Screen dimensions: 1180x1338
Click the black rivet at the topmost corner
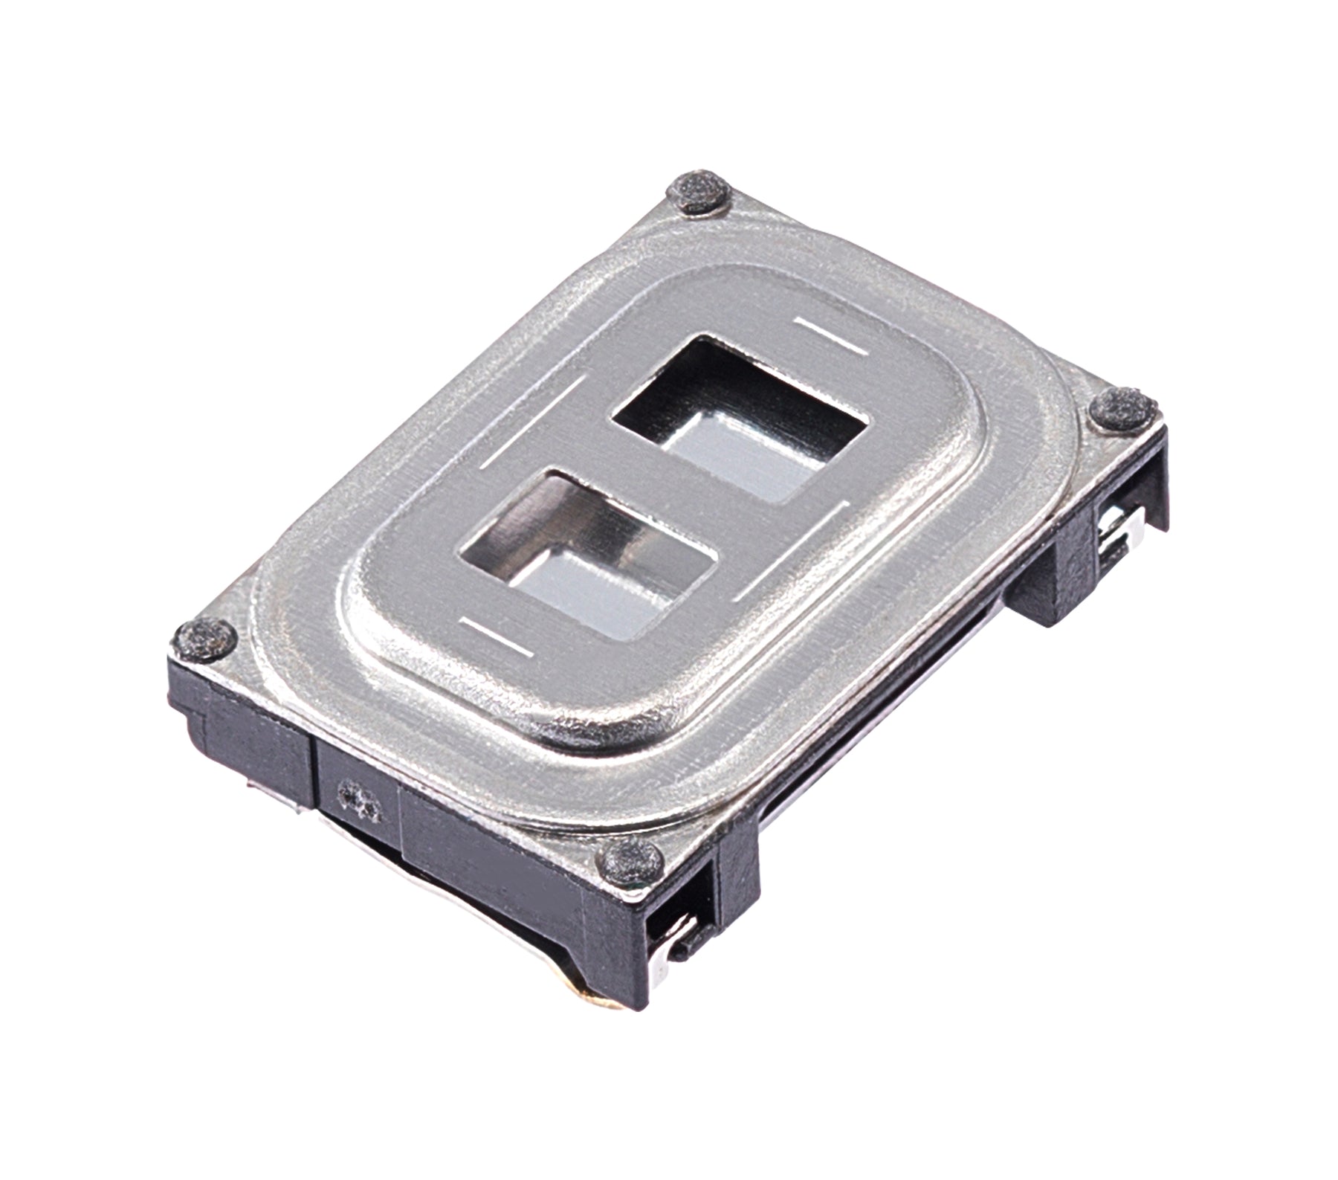[699, 195]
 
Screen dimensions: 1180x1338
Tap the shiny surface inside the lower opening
[595, 587]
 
